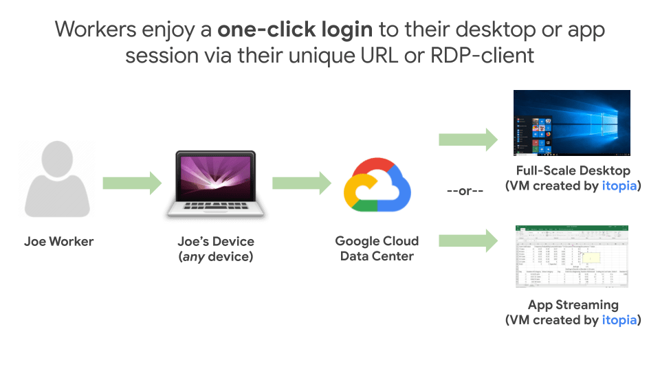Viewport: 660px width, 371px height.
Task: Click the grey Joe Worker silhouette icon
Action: [58, 182]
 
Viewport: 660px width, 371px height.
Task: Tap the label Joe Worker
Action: [58, 242]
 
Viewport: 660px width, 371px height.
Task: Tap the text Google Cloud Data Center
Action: [377, 249]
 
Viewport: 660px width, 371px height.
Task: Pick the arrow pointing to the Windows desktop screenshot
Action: [467, 139]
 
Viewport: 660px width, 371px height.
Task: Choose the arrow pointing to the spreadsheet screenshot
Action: [467, 240]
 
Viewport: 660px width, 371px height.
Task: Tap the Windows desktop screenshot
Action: [572, 123]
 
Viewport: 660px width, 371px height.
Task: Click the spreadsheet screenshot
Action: [572, 258]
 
